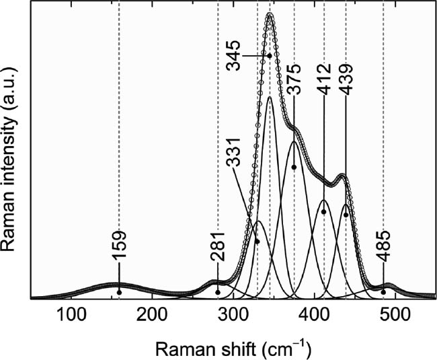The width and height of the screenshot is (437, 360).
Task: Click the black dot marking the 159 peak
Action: pos(119,292)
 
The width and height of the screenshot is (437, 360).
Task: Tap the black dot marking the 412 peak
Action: pos(324,212)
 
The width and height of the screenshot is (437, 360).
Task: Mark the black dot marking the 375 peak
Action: pos(294,167)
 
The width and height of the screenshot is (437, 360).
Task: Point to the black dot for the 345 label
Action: pos(270,55)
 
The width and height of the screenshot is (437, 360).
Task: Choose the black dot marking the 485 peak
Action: pos(384,291)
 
